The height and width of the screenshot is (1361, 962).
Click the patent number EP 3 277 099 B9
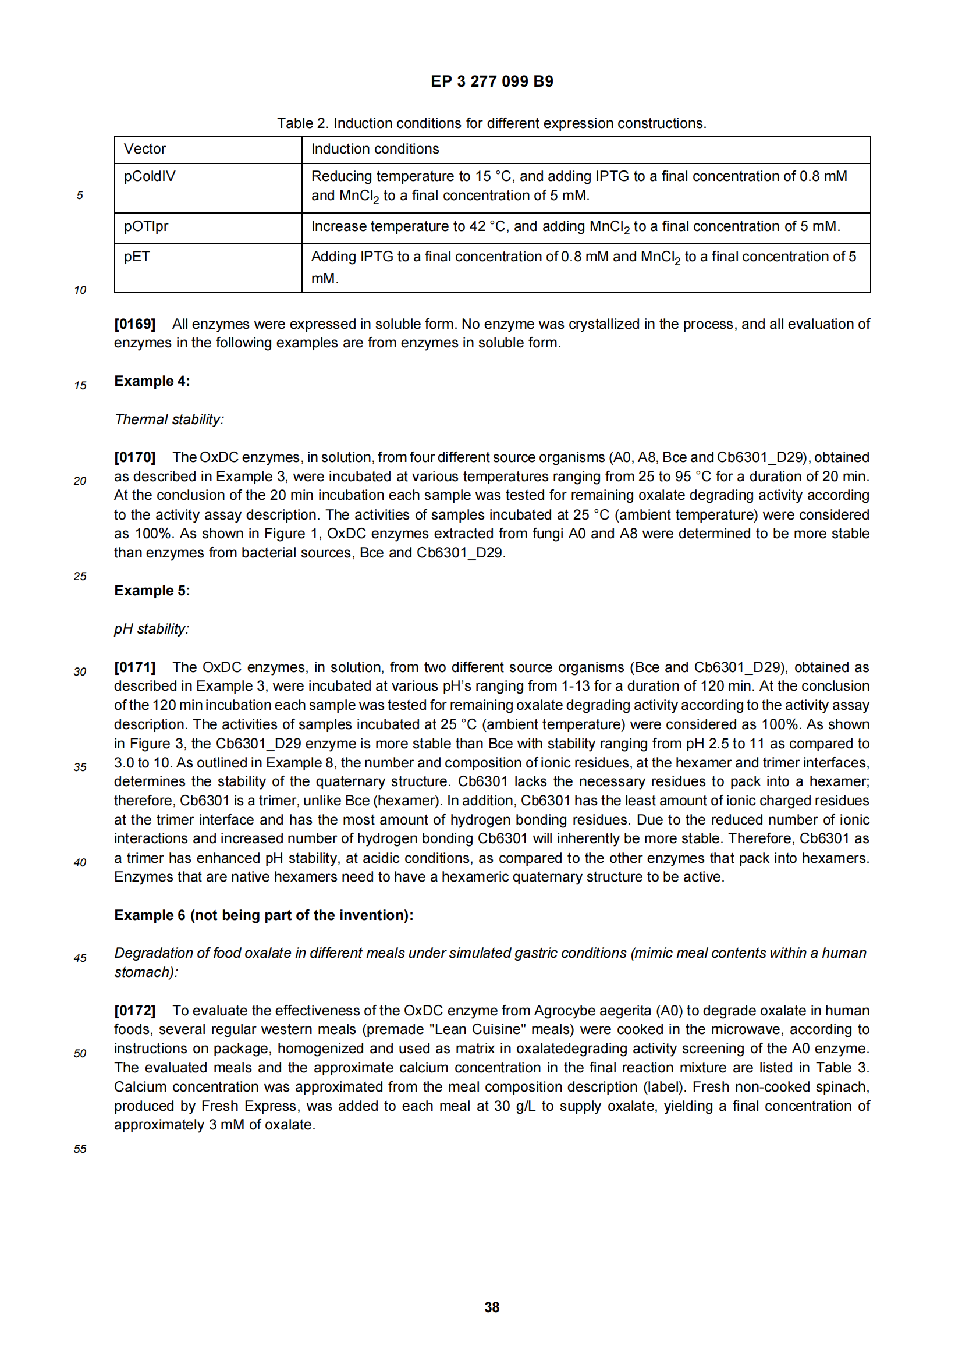[491, 81]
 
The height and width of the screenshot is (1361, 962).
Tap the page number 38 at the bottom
[491, 1307]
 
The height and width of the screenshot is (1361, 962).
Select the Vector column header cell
[145, 150]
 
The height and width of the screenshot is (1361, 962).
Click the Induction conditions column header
[375, 150]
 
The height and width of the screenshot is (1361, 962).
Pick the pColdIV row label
[150, 177]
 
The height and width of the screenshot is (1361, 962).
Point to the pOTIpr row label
[146, 226]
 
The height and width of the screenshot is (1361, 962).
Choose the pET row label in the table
[137, 257]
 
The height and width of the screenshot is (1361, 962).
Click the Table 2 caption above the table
[491, 123]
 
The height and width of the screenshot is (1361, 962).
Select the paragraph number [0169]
[134, 324]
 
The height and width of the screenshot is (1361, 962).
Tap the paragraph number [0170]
[134, 457]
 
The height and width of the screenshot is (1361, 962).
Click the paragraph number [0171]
[134, 667]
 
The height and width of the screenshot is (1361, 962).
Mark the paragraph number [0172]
[134, 1011]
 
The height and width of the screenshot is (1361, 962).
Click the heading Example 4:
[152, 381]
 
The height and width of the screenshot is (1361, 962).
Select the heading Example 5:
[152, 591]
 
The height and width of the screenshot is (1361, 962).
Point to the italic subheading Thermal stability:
[169, 420]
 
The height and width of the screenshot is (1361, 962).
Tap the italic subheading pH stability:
[152, 629]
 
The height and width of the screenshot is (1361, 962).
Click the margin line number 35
[80, 767]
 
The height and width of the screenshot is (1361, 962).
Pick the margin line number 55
[80, 1149]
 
